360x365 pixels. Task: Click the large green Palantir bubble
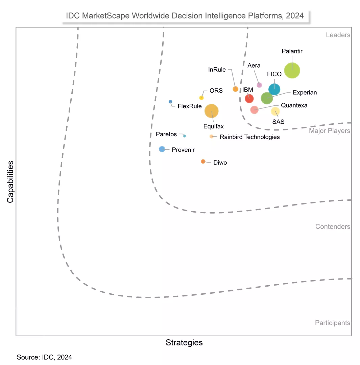292,70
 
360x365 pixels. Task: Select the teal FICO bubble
274,89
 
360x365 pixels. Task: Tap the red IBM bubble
249,98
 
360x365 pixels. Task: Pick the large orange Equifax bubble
212,111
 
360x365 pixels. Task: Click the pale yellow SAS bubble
275,111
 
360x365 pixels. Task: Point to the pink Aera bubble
259,85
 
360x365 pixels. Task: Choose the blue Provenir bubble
162,149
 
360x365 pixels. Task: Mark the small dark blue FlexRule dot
170,102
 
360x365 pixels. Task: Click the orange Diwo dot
203,162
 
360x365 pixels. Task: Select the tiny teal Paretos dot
185,136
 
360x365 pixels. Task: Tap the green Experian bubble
267,98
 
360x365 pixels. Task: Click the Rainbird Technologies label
249,137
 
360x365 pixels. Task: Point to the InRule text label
217,70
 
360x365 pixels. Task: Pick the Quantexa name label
294,105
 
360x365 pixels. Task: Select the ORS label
216,91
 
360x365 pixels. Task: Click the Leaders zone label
338,35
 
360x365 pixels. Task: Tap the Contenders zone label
333,226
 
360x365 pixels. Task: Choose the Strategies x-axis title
184,342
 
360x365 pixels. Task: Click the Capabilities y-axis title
10,181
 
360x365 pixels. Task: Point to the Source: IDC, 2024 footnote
44,357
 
